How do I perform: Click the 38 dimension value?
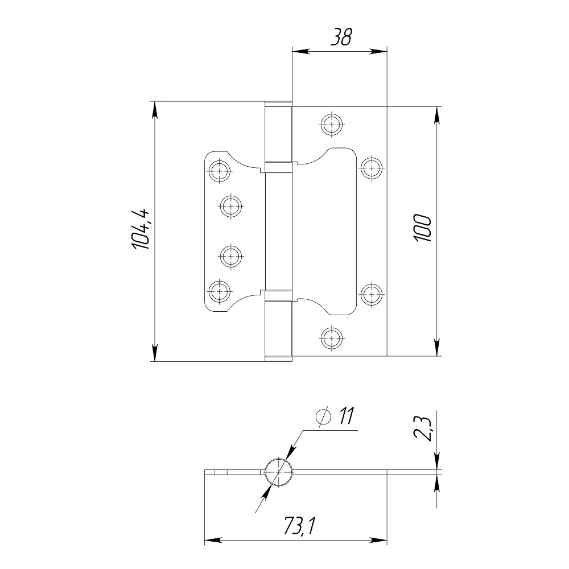coord(341,38)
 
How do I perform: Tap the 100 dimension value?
coord(423,228)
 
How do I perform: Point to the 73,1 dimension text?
coord(300,526)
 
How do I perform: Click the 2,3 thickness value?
coord(423,428)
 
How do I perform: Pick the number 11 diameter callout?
coord(346,415)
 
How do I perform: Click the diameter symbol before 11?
coord(324,417)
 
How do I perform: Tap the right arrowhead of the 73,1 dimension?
coord(378,541)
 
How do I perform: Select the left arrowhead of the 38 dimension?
coord(301,52)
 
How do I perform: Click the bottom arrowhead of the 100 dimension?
coord(437,347)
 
